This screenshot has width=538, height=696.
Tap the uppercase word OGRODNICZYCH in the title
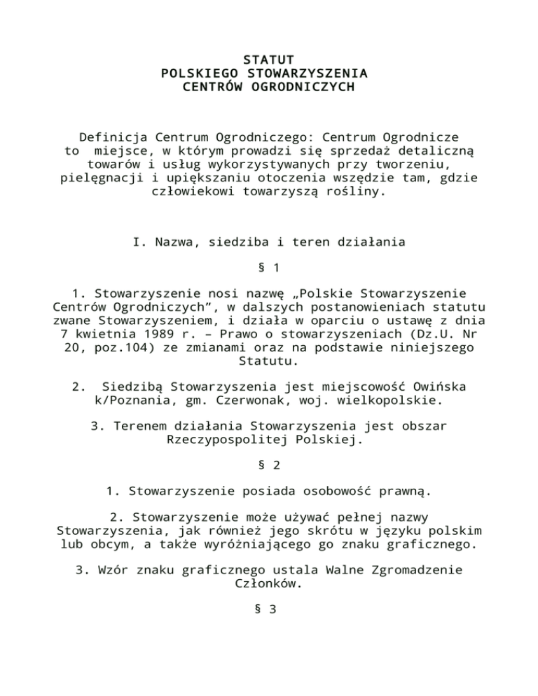tap(305, 88)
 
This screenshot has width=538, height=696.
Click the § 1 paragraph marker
tap(268, 268)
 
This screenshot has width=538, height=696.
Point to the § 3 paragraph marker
tap(268, 609)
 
